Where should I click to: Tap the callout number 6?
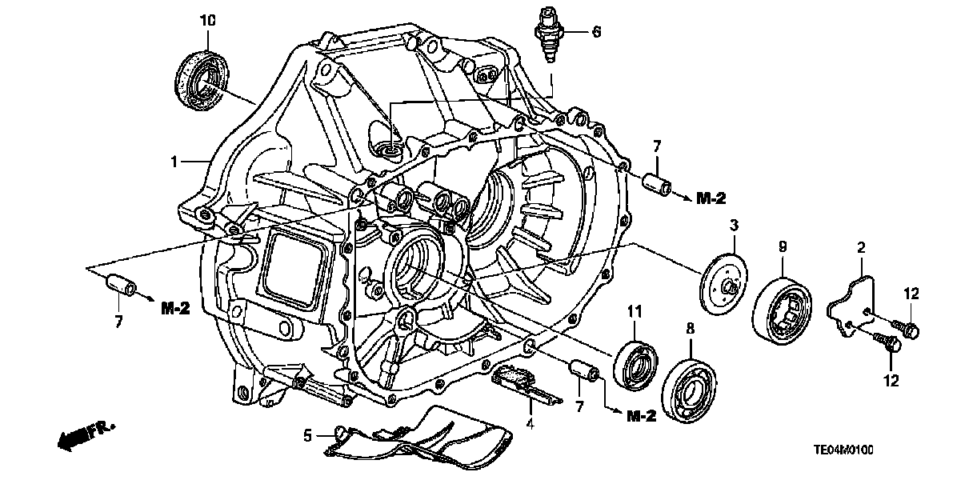(596, 33)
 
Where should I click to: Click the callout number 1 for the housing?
(173, 162)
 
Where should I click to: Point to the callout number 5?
(307, 437)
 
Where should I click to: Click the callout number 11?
(635, 310)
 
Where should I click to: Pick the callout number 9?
(783, 247)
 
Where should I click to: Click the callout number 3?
(732, 227)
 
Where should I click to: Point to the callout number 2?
(861, 249)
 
